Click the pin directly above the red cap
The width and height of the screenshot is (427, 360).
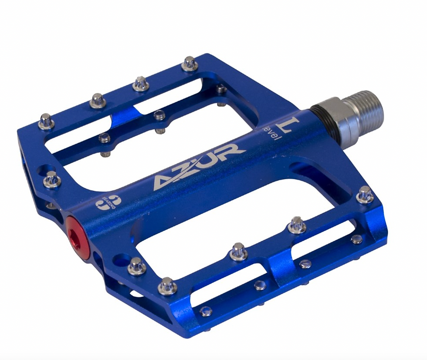pos(51,179)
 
